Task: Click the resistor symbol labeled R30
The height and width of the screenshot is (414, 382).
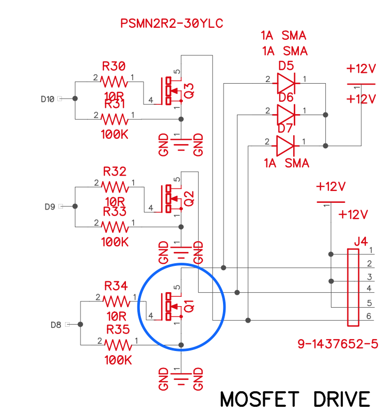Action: click(114, 82)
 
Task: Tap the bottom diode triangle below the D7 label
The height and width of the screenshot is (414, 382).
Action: click(285, 146)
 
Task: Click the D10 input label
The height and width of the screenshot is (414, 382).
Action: click(47, 99)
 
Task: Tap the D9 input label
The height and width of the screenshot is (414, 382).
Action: click(50, 206)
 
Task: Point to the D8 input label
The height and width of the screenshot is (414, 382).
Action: click(56, 325)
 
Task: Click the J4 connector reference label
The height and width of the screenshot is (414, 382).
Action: click(361, 241)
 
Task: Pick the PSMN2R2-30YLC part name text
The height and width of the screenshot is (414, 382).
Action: click(172, 24)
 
